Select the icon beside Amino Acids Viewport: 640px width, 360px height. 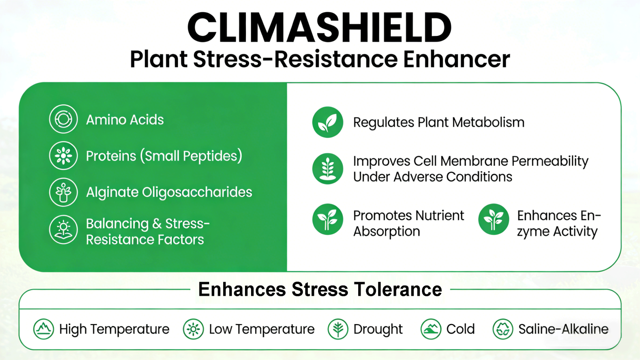click(x=63, y=120)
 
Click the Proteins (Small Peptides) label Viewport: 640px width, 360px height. click(x=164, y=156)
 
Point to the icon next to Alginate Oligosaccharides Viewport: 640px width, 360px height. click(x=63, y=192)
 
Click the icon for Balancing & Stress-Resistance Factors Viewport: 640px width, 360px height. click(x=63, y=231)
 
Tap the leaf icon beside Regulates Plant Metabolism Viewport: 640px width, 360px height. click(x=327, y=122)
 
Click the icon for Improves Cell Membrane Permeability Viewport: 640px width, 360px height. click(x=327, y=169)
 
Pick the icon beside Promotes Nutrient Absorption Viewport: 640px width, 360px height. click(x=327, y=219)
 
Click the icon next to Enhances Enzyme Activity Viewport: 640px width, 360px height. click(x=493, y=219)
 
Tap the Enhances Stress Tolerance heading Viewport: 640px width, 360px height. click(x=320, y=289)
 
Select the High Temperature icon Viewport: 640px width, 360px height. click(x=44, y=329)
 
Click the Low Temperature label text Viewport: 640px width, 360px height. click(x=261, y=329)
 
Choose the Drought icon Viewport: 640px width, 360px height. click(x=338, y=329)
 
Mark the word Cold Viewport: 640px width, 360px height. click(x=460, y=329)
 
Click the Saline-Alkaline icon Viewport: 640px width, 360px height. click(x=503, y=329)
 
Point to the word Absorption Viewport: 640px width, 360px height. click(x=386, y=231)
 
